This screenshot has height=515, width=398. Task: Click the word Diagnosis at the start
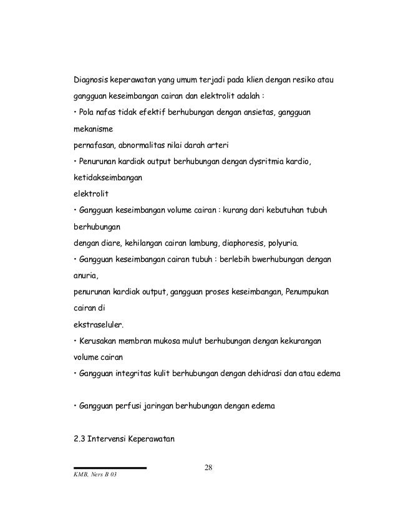[x=91, y=80]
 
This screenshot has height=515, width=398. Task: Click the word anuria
[x=86, y=274]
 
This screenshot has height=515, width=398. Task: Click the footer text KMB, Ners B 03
[x=95, y=478]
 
